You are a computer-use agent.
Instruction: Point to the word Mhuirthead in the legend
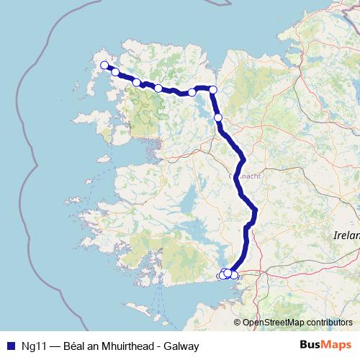point(121,346)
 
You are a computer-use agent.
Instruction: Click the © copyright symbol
point(238,322)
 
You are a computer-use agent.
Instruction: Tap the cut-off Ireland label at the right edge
point(346,235)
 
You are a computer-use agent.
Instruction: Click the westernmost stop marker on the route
point(104,66)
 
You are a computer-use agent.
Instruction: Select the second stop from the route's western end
point(115,73)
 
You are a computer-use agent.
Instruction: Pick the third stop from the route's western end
point(137,83)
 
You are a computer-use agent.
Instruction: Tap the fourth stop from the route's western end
point(158,88)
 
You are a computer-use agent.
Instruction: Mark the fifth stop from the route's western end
point(192,92)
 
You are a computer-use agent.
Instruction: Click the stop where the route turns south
point(213,89)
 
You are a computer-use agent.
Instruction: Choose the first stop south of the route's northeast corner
point(218,117)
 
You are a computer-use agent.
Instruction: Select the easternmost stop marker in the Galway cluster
point(234,275)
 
